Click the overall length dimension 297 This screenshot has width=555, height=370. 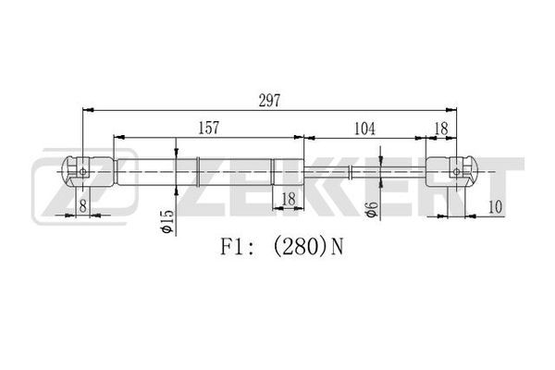click(x=269, y=101)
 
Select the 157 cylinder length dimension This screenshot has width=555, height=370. click(x=208, y=128)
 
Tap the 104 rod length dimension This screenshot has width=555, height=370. click(x=364, y=129)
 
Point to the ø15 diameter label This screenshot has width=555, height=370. click(x=166, y=222)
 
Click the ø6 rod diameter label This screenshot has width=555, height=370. click(x=371, y=210)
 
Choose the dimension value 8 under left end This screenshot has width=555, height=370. click(x=83, y=205)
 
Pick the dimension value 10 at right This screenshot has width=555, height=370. click(x=495, y=207)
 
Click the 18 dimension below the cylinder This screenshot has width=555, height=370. click(x=288, y=200)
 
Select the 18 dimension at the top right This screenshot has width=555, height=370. click(x=441, y=129)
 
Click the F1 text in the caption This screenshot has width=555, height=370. click(x=231, y=247)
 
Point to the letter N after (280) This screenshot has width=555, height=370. click(x=337, y=247)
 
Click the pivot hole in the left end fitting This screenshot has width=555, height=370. click(x=83, y=172)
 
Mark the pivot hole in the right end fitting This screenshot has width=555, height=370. click(x=457, y=172)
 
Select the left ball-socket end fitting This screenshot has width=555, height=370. click(x=89, y=172)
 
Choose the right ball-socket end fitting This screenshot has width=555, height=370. click(x=451, y=172)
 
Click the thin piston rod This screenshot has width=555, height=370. click(x=364, y=172)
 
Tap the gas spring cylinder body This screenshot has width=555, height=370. click(x=210, y=172)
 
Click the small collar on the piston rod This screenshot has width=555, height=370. click(x=350, y=172)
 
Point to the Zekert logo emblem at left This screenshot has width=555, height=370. click(x=85, y=187)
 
